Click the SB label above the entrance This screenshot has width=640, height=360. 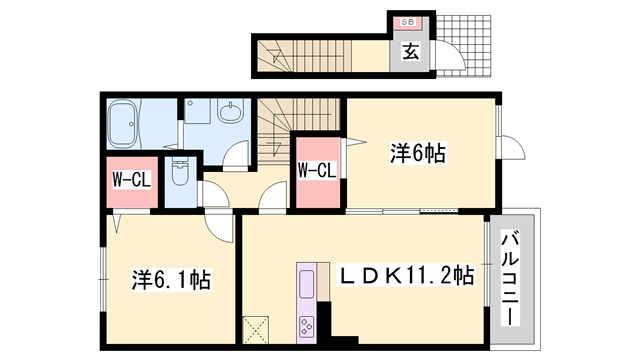[409, 21]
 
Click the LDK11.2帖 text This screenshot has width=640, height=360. [409, 274]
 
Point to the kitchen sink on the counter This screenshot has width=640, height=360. [306, 281]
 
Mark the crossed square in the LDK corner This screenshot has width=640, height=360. [257, 328]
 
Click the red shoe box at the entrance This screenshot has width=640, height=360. [409, 21]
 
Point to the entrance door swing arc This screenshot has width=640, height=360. [449, 62]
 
